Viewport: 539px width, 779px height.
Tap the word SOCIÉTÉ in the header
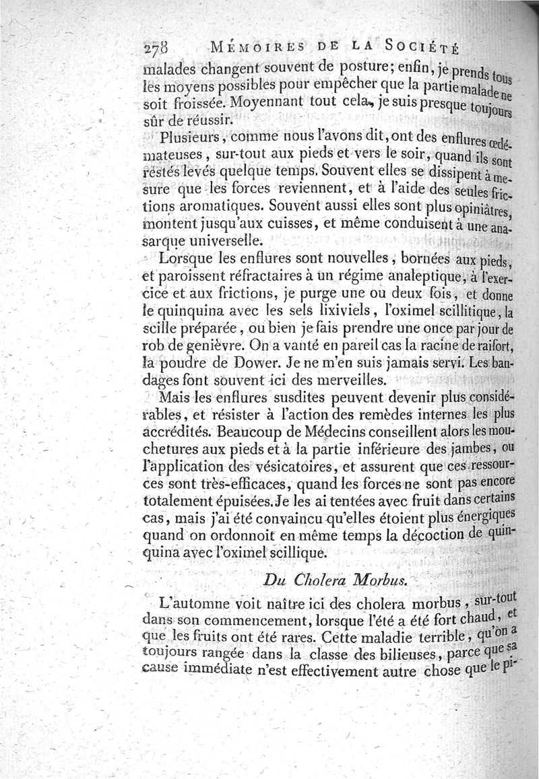point(418,48)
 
